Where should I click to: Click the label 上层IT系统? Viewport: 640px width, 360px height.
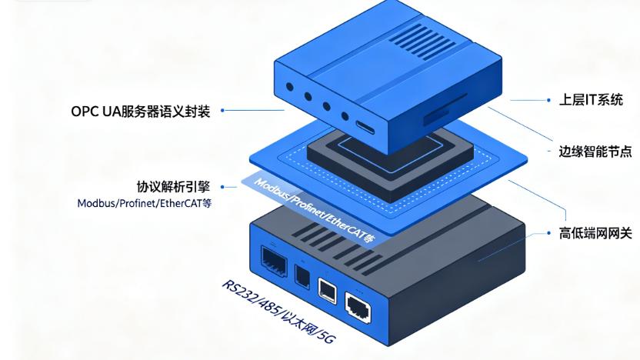pos(590,100)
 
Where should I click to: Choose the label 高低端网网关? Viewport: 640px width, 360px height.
pos(595,232)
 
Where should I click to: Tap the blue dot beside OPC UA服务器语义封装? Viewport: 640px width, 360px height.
pos(222,112)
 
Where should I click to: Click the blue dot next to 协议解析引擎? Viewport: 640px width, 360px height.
pos(222,187)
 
